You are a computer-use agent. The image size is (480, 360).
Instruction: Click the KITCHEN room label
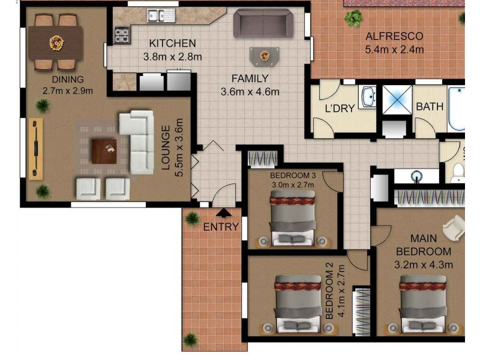[x=172, y=43]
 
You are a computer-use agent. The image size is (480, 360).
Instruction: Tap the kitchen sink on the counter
[x=161, y=16]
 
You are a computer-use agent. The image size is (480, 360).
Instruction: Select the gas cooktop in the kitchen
[x=122, y=35]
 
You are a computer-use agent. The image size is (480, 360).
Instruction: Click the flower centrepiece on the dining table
[x=56, y=43]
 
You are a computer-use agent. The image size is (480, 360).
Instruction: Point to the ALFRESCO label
[x=394, y=36]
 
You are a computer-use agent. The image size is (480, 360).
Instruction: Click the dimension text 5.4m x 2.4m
[x=394, y=49]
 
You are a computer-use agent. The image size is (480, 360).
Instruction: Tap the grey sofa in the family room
[x=263, y=23]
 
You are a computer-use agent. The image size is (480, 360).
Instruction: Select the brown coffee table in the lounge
[x=104, y=152]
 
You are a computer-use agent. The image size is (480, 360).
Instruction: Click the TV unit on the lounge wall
[x=36, y=149]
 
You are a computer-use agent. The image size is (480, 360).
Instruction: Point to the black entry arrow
[x=224, y=212]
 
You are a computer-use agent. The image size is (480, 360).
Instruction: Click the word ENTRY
[x=221, y=227]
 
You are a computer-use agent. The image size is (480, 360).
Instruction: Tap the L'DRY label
[x=340, y=109]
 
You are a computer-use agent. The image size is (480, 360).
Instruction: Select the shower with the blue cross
[x=397, y=100]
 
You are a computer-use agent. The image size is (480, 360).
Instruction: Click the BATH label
[x=430, y=107]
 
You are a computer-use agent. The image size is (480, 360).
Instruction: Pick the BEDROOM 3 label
[x=293, y=176]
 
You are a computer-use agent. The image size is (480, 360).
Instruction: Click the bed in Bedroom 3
[x=293, y=218]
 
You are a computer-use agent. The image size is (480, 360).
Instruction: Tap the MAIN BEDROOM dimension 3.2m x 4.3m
[x=424, y=265]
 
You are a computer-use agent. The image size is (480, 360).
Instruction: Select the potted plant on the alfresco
[x=353, y=18]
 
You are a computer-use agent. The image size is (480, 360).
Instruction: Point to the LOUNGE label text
[x=166, y=148]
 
